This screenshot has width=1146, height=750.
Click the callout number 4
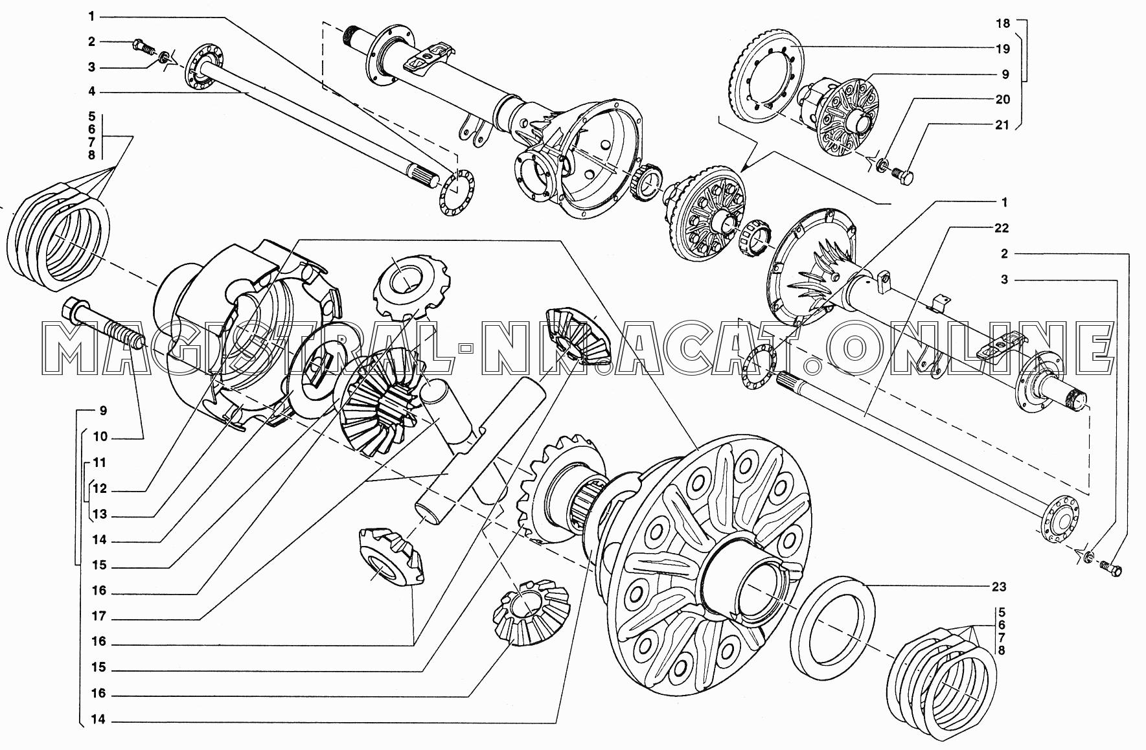[x=92, y=93]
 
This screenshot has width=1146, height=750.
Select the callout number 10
[x=100, y=437]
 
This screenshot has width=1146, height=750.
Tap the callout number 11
[x=99, y=463]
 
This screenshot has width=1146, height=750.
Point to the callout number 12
[x=100, y=490]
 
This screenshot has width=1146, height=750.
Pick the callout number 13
[x=100, y=516]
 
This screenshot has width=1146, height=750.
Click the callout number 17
[x=99, y=617]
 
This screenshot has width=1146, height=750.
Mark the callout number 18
[x=1003, y=24]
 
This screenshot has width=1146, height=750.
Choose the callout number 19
[x=1003, y=49]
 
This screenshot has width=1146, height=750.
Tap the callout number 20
[x=1003, y=100]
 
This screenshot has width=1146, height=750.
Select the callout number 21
[x=1003, y=126]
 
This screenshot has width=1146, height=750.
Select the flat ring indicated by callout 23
[x=832, y=622]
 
